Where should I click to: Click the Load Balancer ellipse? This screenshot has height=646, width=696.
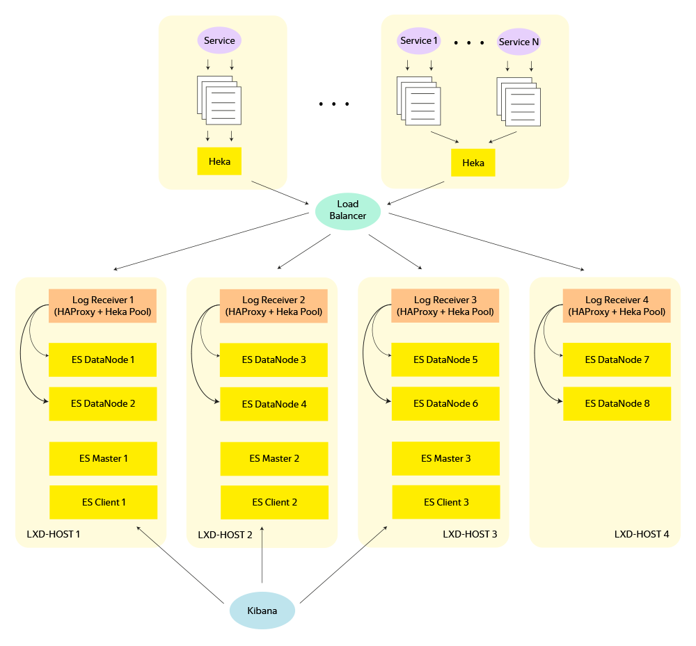(x=347, y=210)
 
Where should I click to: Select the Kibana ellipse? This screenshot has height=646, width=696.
(x=262, y=611)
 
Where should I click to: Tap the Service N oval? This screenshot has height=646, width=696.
(x=519, y=42)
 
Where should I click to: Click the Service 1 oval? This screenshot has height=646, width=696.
(x=419, y=40)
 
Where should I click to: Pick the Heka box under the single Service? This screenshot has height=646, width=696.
(x=219, y=161)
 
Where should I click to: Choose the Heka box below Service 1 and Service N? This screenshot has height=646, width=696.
(x=473, y=163)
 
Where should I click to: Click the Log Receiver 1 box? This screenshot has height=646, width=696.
(x=102, y=306)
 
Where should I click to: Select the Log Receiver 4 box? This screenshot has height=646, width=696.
(x=616, y=306)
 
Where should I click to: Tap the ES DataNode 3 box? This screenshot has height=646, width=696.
(x=274, y=360)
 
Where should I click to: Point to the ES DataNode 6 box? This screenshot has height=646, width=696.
(x=445, y=403)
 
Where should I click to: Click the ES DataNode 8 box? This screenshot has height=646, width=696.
(x=617, y=403)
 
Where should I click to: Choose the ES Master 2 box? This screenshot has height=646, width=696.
(x=274, y=459)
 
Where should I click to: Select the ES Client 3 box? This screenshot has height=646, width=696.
(x=445, y=502)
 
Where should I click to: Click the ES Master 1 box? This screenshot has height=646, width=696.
(x=103, y=459)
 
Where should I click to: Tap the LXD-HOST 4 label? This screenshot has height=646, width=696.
(x=641, y=534)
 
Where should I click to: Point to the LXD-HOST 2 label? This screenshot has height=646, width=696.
(x=226, y=535)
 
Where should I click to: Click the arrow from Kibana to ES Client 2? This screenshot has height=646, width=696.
(x=262, y=556)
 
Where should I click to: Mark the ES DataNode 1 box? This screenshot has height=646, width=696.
(x=103, y=360)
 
